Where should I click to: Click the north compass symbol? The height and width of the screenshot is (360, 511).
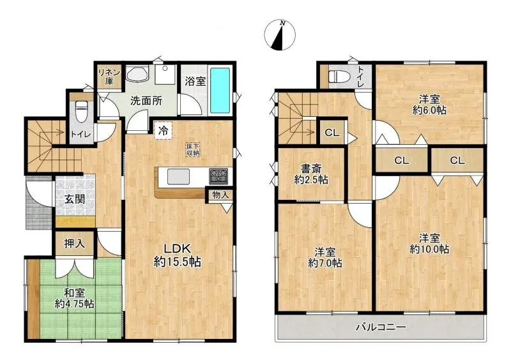click(279, 35)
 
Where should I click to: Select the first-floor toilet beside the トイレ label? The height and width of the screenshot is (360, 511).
click(81, 110)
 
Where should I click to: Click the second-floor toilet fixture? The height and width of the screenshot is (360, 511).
click(337, 77)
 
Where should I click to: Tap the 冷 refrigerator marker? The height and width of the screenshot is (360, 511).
click(164, 131)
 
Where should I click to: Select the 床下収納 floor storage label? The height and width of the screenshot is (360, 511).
click(193, 149)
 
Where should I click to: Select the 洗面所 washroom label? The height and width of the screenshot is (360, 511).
click(146, 100)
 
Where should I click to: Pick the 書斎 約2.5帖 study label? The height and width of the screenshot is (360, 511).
click(311, 174)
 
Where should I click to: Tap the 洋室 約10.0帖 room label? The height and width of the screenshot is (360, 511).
click(430, 242)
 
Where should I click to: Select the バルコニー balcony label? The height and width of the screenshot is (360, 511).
click(381, 327)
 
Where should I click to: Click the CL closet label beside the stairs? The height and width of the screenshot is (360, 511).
click(331, 133)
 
